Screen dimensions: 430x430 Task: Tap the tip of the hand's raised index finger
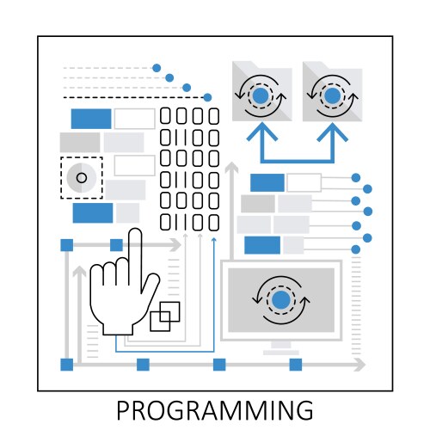134,234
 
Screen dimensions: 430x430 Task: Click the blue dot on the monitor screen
281,299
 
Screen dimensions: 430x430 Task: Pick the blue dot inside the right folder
331,95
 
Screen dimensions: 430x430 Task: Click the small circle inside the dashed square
82,178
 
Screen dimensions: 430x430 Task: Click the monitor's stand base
281,351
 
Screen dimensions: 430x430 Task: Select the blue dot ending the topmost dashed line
157,67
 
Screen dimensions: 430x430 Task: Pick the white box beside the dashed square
134,165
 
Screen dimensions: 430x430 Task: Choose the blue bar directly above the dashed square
90,119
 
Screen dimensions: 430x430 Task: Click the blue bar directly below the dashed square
93,212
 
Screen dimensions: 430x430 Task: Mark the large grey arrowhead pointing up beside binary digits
230,168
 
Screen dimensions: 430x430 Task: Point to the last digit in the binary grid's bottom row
213,223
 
